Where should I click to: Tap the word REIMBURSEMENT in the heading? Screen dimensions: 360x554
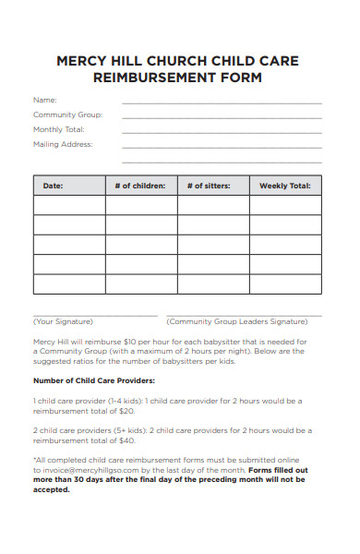pyautogui.click(x=150, y=78)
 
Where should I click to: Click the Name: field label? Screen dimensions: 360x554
pyautogui.click(x=45, y=100)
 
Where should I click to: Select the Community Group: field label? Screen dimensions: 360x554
pyautogui.click(x=67, y=114)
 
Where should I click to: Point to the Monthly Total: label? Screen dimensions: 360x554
pyautogui.click(x=59, y=129)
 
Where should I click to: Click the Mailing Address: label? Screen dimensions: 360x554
pyautogui.click(x=63, y=144)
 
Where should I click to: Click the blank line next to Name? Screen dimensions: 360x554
pyautogui.click(x=222, y=102)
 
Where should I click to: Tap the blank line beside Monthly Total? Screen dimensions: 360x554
pyautogui.click(x=222, y=132)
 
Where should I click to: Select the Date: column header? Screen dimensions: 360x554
pyautogui.click(x=53, y=186)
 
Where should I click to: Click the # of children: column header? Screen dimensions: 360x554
pyautogui.click(x=140, y=186)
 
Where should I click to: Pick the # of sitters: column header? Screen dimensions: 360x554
pyautogui.click(x=212, y=186)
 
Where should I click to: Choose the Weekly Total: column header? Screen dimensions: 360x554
pyautogui.click(x=284, y=186)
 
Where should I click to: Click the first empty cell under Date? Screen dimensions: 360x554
pyautogui.click(x=68, y=205)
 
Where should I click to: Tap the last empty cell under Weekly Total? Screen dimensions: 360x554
pyautogui.click(x=285, y=283)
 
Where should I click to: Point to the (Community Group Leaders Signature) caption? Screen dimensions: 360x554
pyautogui.click(x=236, y=321)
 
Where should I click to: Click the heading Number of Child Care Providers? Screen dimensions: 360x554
pyautogui.click(x=94, y=380)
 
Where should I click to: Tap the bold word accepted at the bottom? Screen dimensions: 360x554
pyautogui.click(x=52, y=489)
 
